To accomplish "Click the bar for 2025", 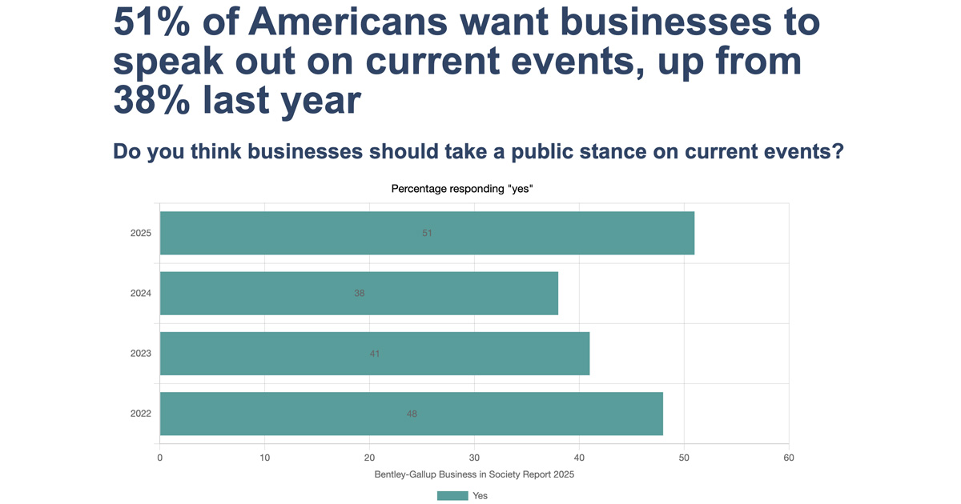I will pyautogui.click(x=427, y=233).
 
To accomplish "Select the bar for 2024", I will pyautogui.click(x=359, y=293).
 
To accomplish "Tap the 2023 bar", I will pyautogui.click(x=375, y=353).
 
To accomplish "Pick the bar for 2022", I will pyautogui.click(x=411, y=414).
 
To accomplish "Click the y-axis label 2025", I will pyautogui.click(x=141, y=234).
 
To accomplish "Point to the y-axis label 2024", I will pyautogui.click(x=141, y=294).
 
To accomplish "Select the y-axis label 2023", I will pyautogui.click(x=141, y=354).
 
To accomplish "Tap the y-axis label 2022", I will pyautogui.click(x=141, y=414).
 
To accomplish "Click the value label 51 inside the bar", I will pyautogui.click(x=427, y=234).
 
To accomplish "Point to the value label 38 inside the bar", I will pyautogui.click(x=360, y=294).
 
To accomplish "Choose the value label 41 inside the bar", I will pyautogui.click(x=375, y=354).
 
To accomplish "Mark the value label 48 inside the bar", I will pyautogui.click(x=412, y=414).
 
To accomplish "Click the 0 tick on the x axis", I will pyautogui.click(x=160, y=458).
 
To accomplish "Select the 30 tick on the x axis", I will pyautogui.click(x=474, y=458).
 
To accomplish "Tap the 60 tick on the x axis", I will pyautogui.click(x=789, y=458).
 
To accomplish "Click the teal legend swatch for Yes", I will pyautogui.click(x=452, y=495).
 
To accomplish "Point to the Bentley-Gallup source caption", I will pyautogui.click(x=474, y=474).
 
